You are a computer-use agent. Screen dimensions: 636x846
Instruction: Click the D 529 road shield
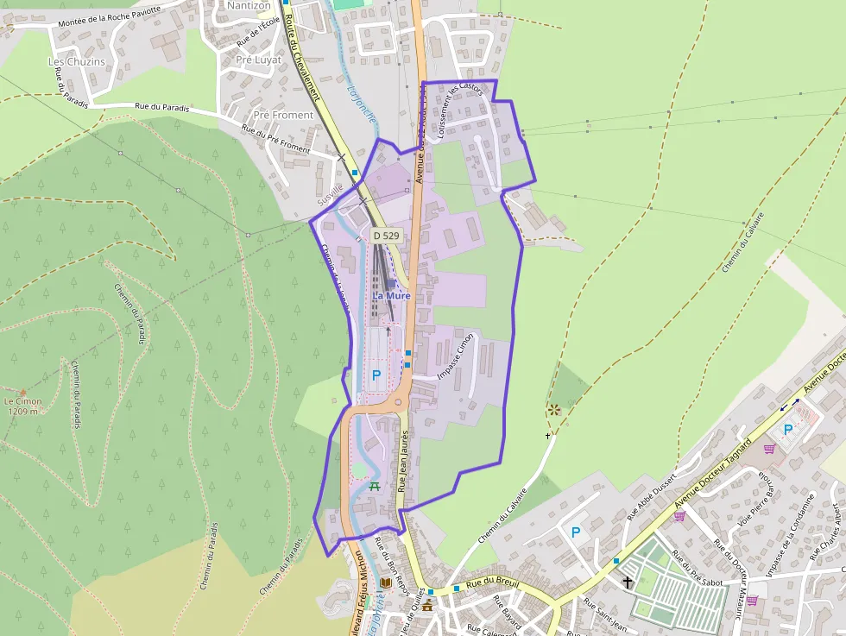[386, 235]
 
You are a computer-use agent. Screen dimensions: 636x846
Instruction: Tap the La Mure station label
[391, 295]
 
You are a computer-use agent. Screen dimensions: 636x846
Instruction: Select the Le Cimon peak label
[22, 406]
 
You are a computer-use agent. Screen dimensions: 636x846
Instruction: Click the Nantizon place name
[249, 5]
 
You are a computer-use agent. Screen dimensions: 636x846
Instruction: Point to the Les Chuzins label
[76, 62]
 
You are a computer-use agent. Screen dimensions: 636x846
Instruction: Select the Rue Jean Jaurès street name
[403, 462]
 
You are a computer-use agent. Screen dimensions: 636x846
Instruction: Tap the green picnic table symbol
[375, 487]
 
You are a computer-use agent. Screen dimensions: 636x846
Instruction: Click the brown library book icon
[386, 585]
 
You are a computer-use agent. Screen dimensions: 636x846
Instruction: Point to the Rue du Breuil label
[493, 584]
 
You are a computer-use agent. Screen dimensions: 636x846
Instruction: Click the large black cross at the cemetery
[628, 583]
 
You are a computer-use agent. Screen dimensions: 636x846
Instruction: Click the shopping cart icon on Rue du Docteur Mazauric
[752, 600]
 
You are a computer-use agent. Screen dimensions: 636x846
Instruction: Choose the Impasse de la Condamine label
[788, 535]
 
